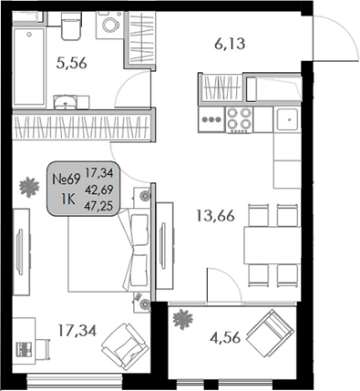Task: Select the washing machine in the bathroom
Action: point(108,27)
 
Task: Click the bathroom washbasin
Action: point(65,100)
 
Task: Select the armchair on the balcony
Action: point(270,334)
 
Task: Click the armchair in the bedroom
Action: point(118,347)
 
